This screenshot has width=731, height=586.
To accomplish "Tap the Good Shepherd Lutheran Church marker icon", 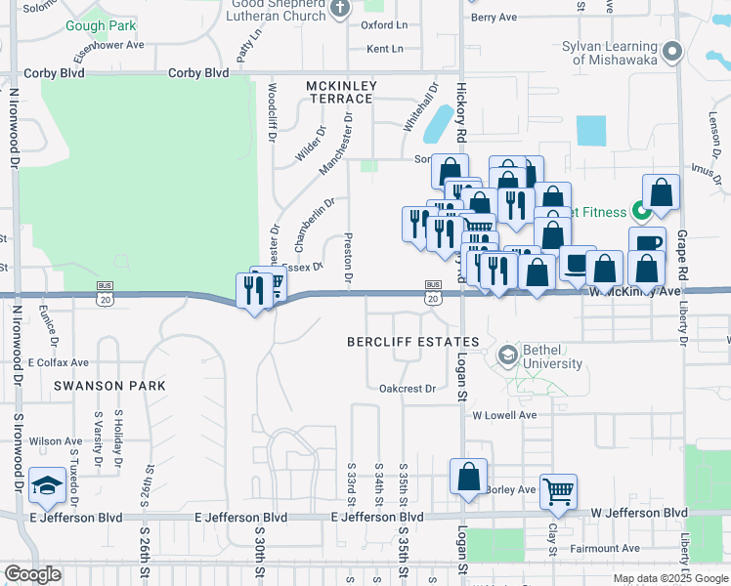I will [x=340, y=9].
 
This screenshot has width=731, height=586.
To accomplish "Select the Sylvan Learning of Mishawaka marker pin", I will [x=671, y=52].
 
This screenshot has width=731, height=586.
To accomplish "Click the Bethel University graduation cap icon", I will [x=506, y=356].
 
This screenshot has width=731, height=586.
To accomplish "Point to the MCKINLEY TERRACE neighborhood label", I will [x=340, y=92].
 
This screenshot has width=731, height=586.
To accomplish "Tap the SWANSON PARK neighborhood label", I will [x=109, y=386].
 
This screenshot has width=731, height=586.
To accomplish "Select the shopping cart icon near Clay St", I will [x=558, y=491].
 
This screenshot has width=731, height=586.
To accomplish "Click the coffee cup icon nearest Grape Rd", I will [x=647, y=243].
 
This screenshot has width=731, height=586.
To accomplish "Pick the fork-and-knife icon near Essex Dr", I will [x=254, y=290].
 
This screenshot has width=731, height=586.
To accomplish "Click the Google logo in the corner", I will [x=32, y=574].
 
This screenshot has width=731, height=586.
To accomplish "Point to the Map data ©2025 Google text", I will [x=669, y=578].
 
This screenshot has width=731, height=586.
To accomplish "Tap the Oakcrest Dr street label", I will [x=408, y=389].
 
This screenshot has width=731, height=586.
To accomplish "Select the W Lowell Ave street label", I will [x=504, y=415].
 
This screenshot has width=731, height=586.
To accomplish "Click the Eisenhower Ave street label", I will [x=107, y=45].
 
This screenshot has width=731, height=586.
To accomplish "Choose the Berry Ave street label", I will [x=494, y=18].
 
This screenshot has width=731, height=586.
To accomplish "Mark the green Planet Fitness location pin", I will [x=642, y=210].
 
